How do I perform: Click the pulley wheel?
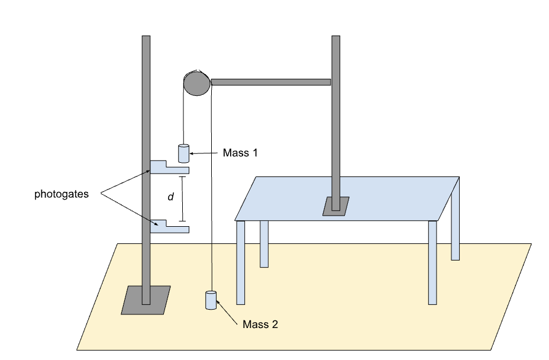pos(197,83)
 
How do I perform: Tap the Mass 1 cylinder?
pos(184,153)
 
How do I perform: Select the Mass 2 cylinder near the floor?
pos(211,300)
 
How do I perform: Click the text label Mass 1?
pos(240,153)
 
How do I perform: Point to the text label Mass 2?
pos(260,324)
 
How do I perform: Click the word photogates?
pos(62,194)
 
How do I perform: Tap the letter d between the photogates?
pos(171,197)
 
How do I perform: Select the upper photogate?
pos(169,167)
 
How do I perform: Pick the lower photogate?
pos(169,226)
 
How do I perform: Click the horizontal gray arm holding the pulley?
pos(270,82)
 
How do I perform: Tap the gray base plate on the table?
pos(336,206)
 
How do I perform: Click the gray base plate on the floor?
pos(146,300)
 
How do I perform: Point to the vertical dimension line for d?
pos(182,199)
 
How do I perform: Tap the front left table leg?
pos(241,262)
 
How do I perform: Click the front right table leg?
pos(433,262)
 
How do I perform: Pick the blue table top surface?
pos(347,199)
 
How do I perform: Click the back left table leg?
pos(264,244)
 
